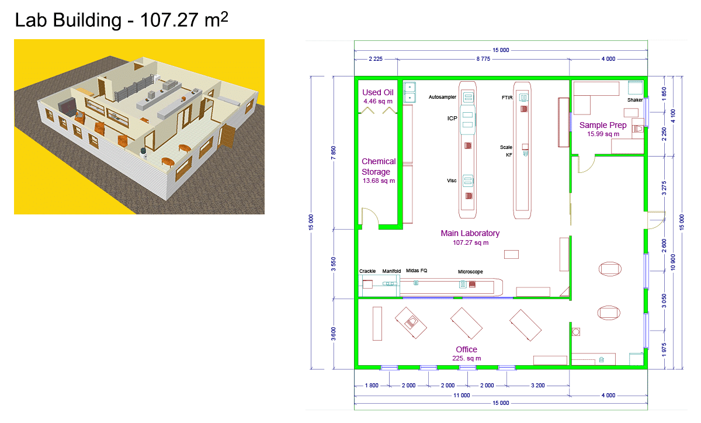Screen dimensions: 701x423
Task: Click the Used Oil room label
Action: pyautogui.click(x=378, y=92)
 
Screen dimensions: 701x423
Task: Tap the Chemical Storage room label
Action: pyautogui.click(x=379, y=167)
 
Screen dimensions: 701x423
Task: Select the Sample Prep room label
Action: pyautogui.click(x=603, y=125)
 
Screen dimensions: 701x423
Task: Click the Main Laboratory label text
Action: pyautogui.click(x=470, y=233)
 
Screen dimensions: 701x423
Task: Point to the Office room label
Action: pyautogui.click(x=466, y=349)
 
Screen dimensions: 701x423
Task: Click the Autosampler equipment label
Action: pyautogui.click(x=442, y=97)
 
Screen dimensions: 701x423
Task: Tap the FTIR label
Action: pyautogui.click(x=507, y=98)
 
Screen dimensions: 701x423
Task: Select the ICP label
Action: pyautogui.click(x=452, y=119)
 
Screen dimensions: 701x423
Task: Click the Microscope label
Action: pyautogui.click(x=470, y=272)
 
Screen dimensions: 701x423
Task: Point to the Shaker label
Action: pyautogui.click(x=635, y=100)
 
